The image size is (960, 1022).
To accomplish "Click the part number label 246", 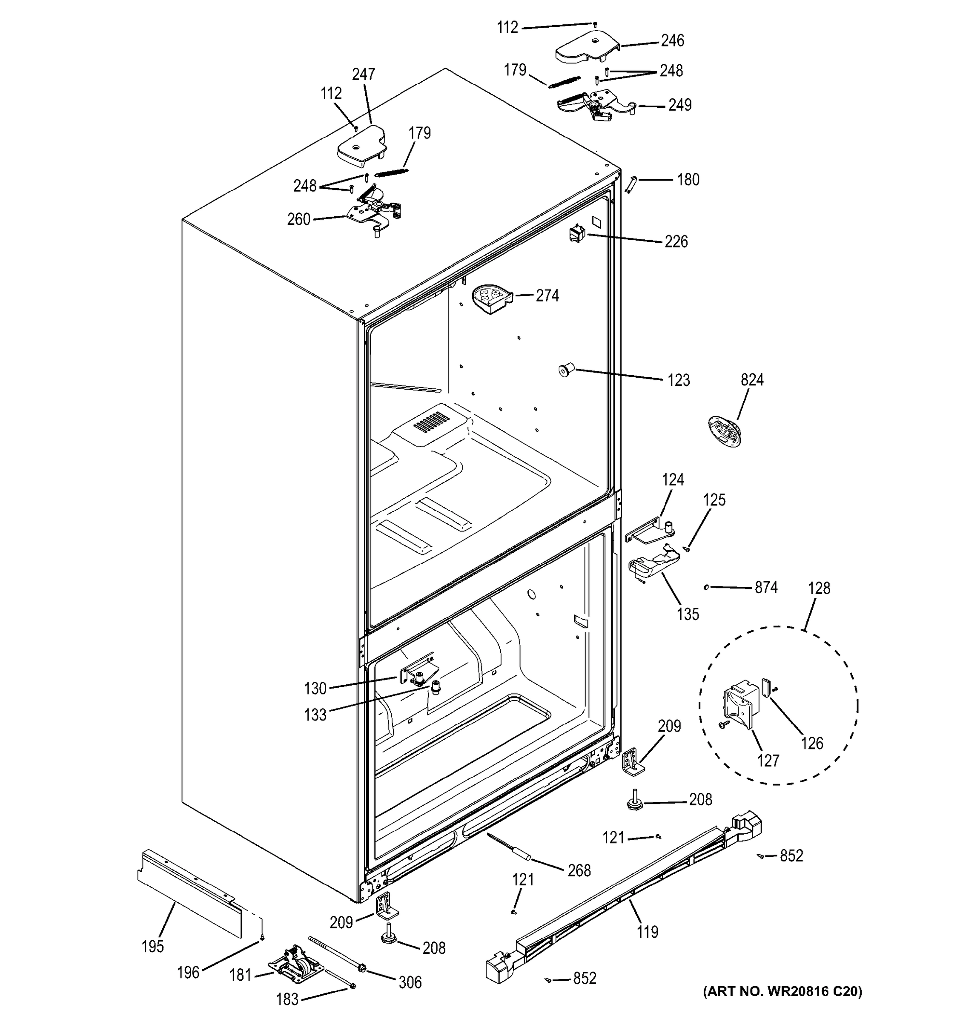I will (x=672, y=40).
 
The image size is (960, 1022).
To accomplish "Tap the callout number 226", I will (x=676, y=241).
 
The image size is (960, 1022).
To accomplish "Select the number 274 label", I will (x=547, y=296).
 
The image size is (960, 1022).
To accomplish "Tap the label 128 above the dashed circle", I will (x=819, y=588).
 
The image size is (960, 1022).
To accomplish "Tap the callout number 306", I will (x=410, y=982).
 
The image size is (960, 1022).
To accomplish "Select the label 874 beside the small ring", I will (x=766, y=587).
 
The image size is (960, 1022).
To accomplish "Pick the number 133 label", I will (x=315, y=715).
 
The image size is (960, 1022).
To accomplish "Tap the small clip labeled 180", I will (x=631, y=184).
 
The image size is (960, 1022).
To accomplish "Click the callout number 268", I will (x=579, y=870).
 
